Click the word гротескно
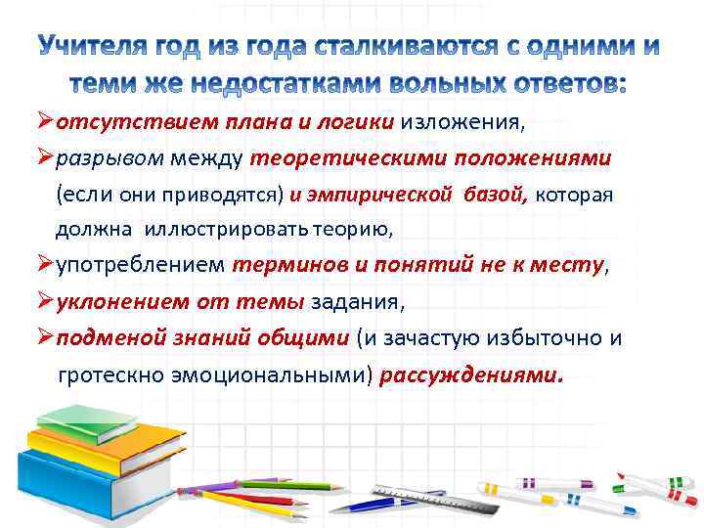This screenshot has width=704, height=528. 110,375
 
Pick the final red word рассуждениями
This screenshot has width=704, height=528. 471,375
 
